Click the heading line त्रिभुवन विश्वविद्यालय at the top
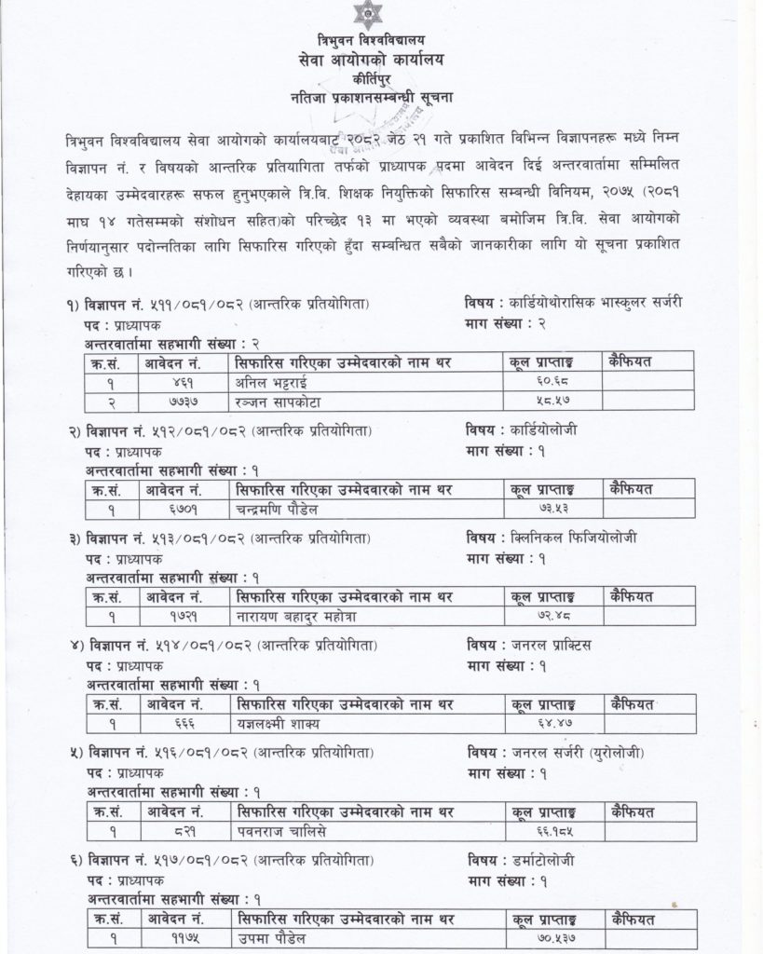(380, 41)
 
